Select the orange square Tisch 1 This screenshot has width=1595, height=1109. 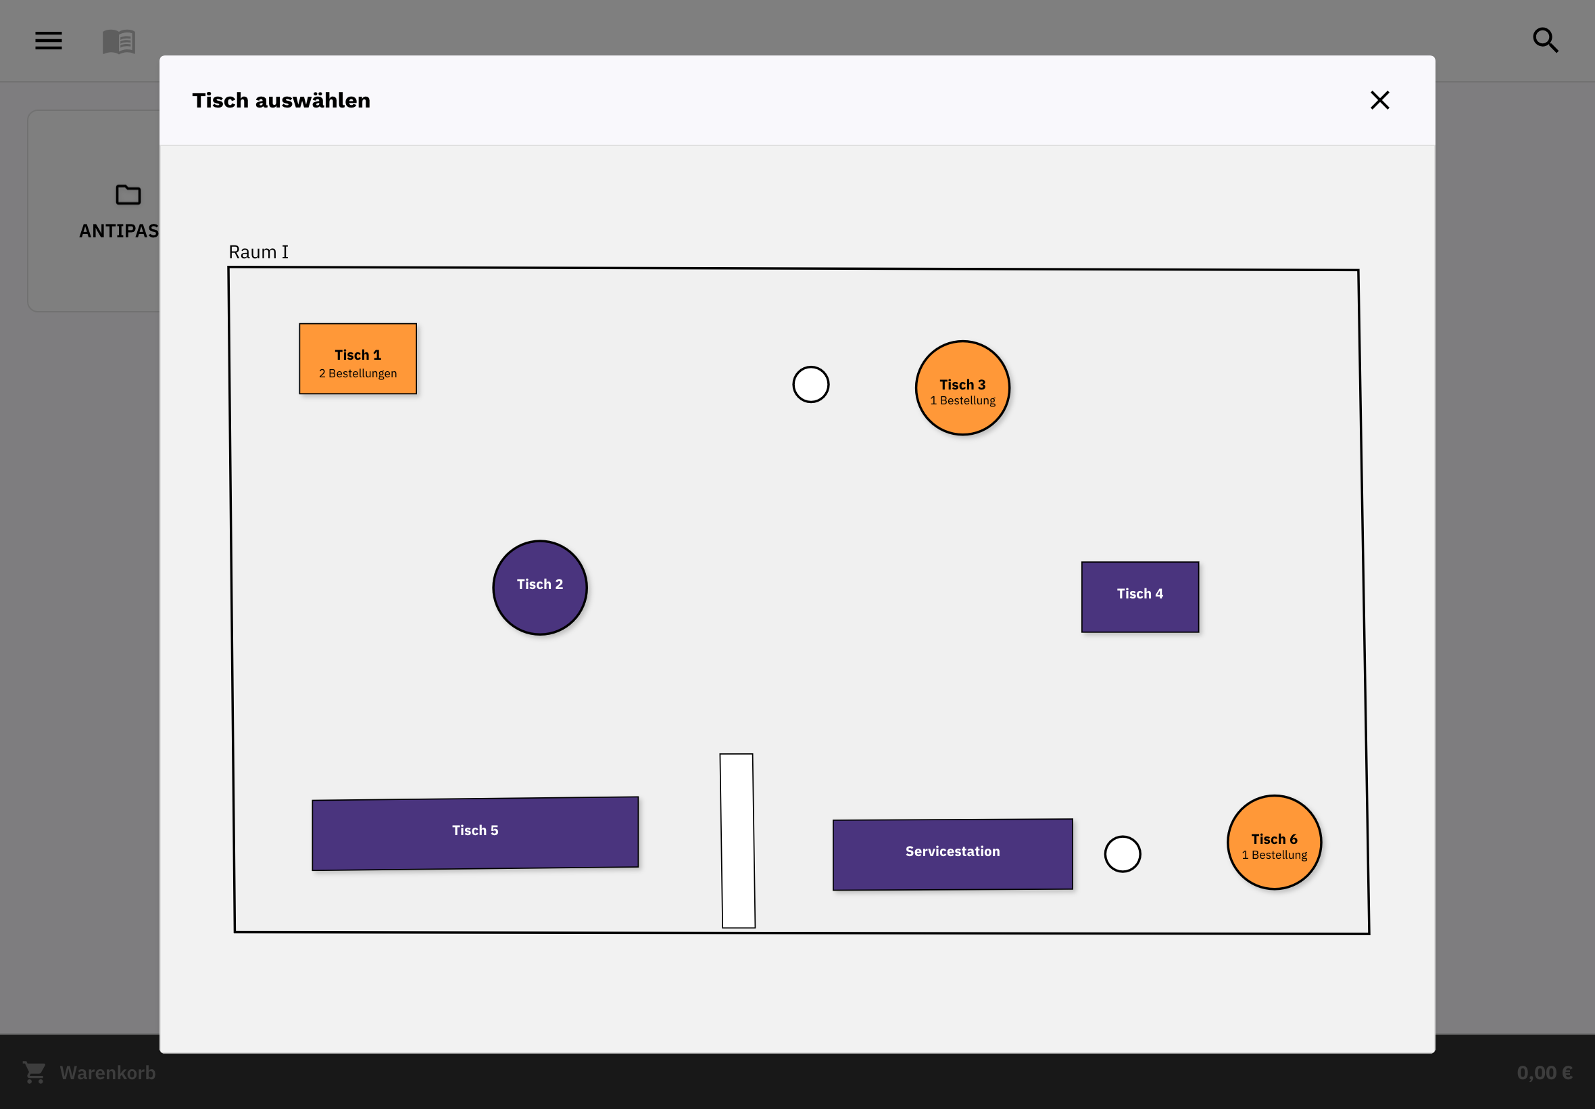(x=358, y=358)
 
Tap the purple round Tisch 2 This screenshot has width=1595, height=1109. (x=539, y=587)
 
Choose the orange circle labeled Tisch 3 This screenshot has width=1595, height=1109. (x=962, y=387)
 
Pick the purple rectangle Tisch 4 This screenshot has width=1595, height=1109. (x=1139, y=597)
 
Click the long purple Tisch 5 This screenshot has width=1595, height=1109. (x=475, y=833)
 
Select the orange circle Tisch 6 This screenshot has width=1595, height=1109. (x=1274, y=842)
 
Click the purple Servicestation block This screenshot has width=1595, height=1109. (x=953, y=854)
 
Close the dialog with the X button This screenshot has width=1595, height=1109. (x=1379, y=100)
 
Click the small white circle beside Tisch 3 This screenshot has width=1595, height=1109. (x=810, y=384)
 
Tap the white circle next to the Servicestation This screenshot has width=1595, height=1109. (x=1122, y=854)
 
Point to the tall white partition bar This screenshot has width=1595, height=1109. (x=737, y=841)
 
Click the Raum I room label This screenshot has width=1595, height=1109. (x=258, y=252)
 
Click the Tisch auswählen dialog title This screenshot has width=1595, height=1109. (x=281, y=100)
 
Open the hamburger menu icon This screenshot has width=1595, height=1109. (x=49, y=41)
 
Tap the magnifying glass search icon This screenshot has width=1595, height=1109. (x=1545, y=41)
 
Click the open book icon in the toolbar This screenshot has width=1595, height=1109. (x=119, y=42)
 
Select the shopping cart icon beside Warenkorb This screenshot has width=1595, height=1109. (x=34, y=1072)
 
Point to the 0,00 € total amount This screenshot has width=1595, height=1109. (x=1544, y=1072)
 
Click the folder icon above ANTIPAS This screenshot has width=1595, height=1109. (x=128, y=195)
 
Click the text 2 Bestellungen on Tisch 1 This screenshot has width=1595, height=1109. (x=358, y=373)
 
